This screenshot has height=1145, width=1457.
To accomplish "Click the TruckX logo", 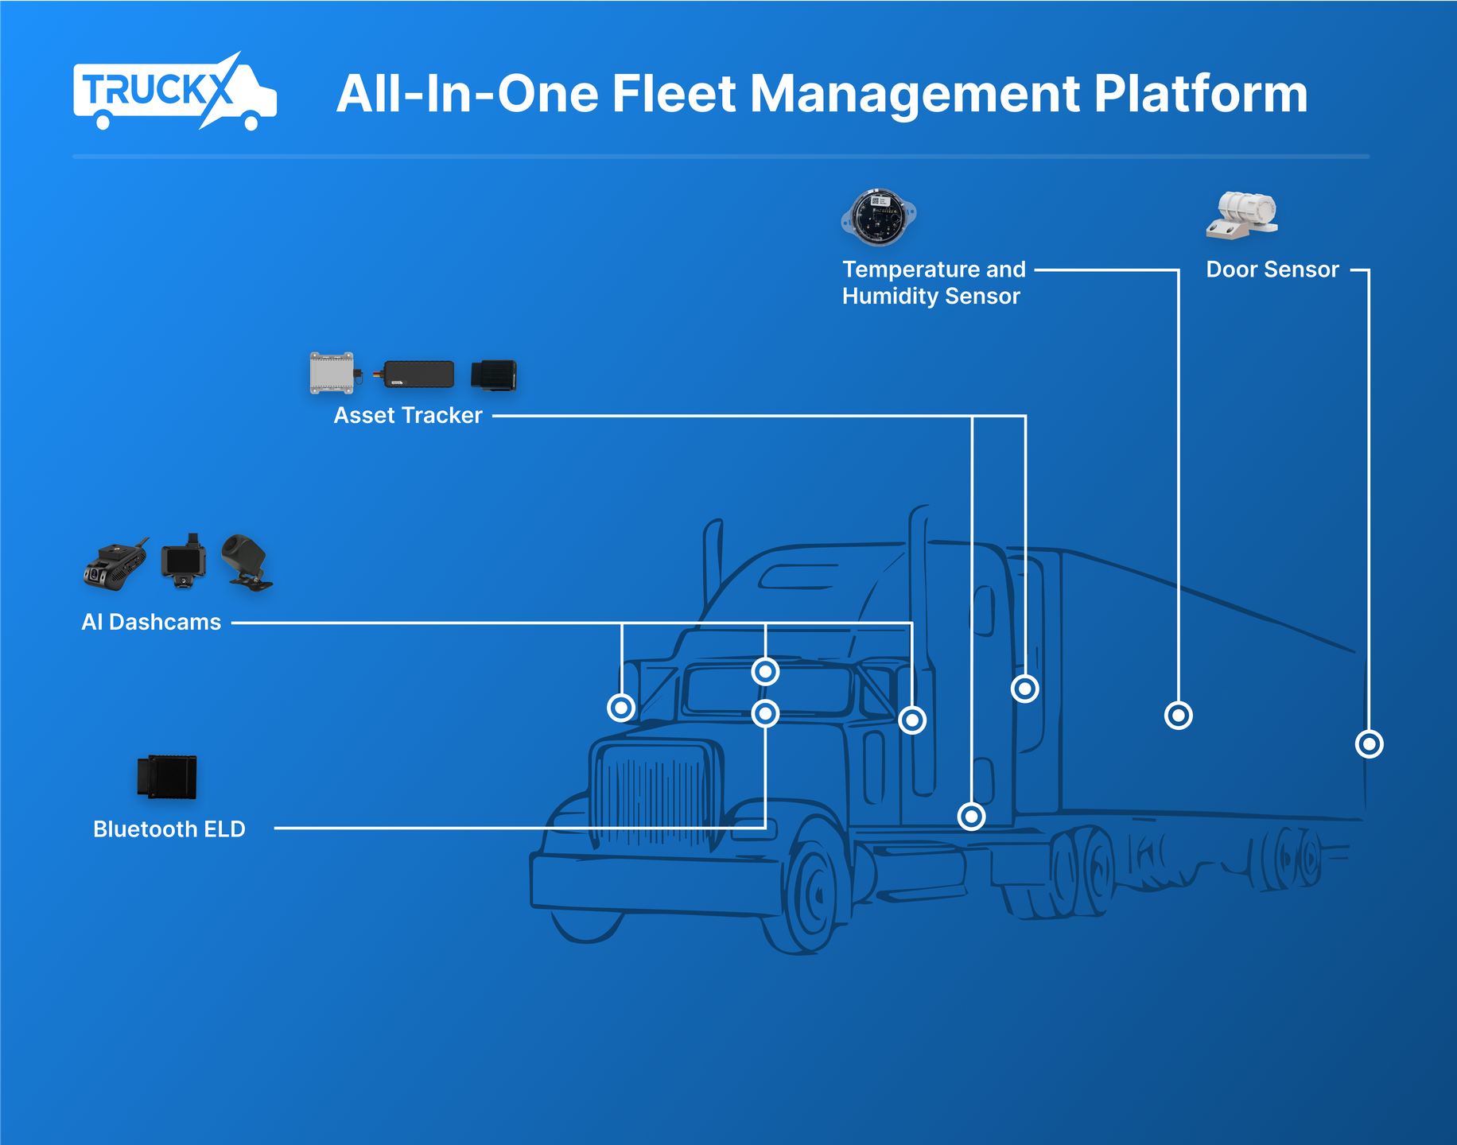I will coord(174,92).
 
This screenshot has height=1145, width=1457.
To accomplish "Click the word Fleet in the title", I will coord(674,94).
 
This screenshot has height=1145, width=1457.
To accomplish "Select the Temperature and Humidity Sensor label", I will coord(934,282).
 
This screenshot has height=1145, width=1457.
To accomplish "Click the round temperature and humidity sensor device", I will coord(878,216).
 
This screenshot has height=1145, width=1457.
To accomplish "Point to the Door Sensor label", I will coord(1272,270).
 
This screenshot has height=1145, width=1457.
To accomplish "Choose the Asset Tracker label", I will coord(407,415).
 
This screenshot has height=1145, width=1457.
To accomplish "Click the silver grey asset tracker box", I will coord(332,373).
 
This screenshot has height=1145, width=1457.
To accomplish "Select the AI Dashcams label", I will coord(151,622).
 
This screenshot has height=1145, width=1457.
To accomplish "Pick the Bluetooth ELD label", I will coord(169,829).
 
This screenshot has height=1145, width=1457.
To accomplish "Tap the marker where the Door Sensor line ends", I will coord(1369,744).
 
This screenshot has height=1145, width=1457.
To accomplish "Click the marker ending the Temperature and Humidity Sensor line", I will coord(1178,716).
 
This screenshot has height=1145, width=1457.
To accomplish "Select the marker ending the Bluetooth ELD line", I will coord(765,713).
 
